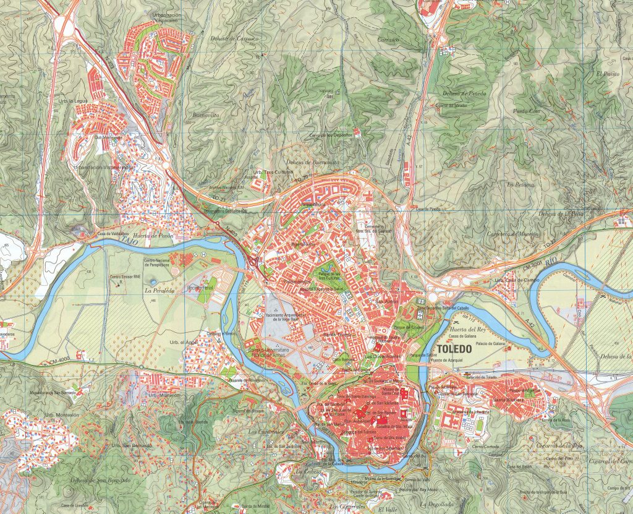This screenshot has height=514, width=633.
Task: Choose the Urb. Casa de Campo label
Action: pos(517,280)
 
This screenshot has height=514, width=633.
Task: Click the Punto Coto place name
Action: pos(527,111)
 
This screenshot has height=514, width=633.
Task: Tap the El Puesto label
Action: pos(607,74)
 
